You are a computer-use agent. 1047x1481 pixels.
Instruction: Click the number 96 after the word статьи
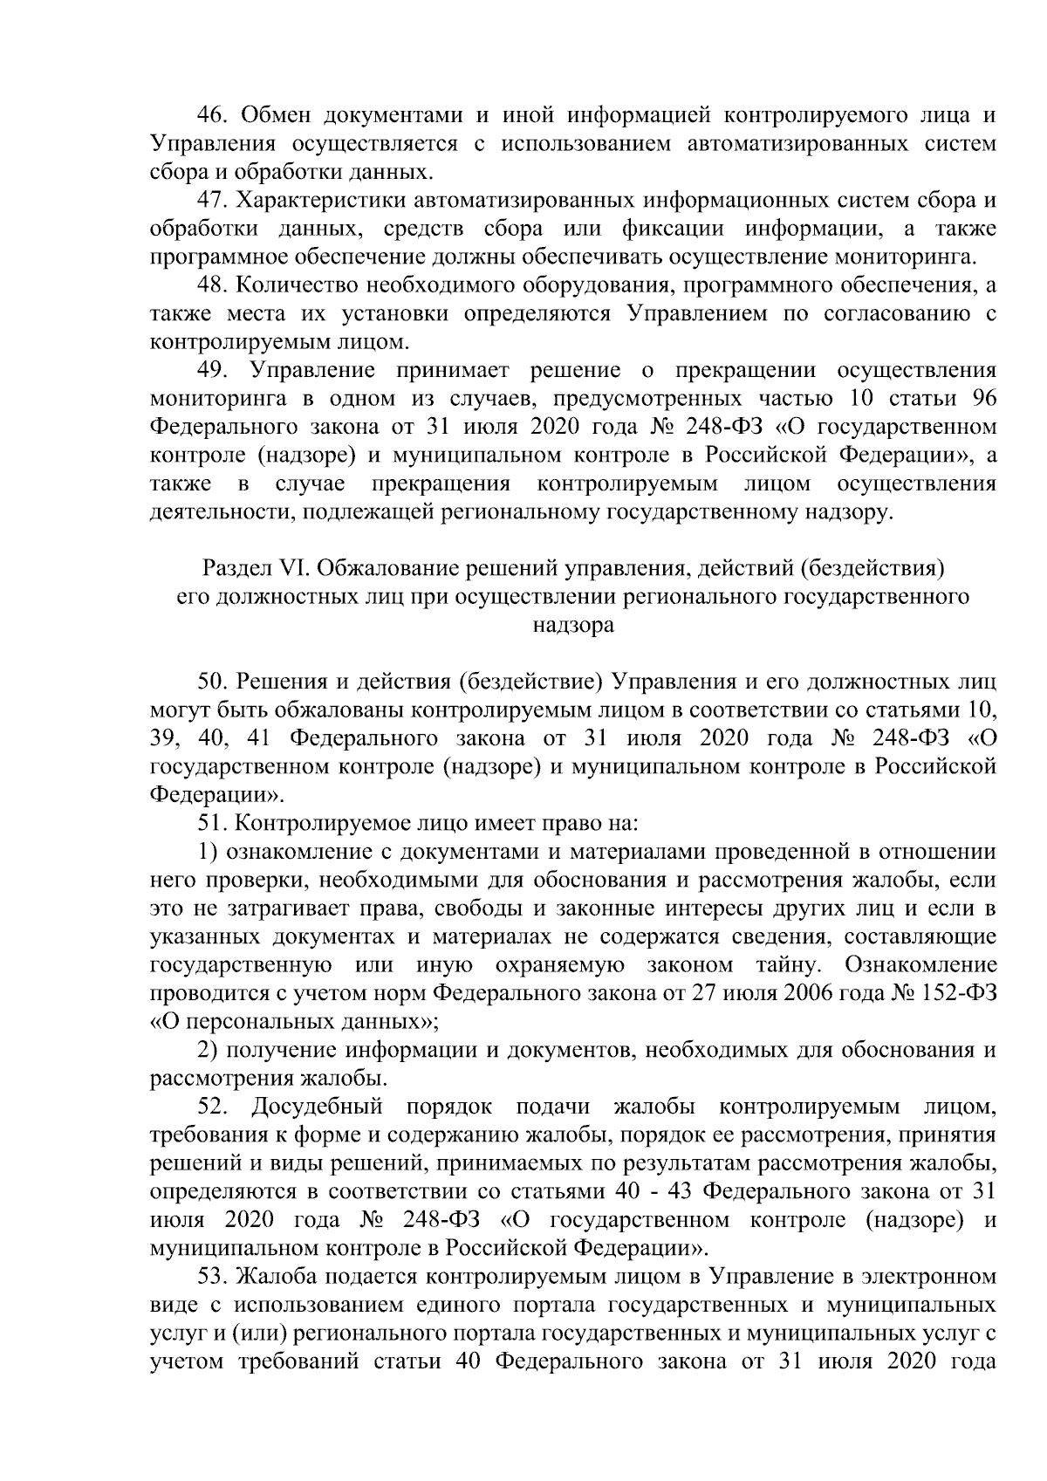point(982,399)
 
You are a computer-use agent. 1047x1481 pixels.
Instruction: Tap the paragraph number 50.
point(214,681)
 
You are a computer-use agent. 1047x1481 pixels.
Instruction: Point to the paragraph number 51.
point(214,823)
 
